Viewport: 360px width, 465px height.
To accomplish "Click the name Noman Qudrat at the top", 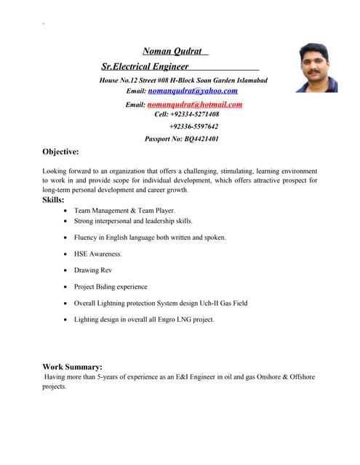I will click(172, 51).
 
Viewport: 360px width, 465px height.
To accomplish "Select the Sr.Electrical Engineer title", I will click(145, 66).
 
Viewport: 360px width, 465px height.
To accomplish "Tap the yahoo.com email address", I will click(193, 91).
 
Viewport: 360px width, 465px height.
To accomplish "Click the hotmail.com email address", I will click(195, 104).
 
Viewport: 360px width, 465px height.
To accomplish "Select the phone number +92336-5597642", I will click(193, 126).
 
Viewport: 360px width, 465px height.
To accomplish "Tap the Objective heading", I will click(60, 152).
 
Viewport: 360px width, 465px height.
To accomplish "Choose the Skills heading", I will click(53, 199).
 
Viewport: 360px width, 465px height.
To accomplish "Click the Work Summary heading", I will click(72, 367).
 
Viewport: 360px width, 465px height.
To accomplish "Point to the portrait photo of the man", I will click(316, 68).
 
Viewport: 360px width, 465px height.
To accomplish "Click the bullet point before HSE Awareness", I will click(66, 254).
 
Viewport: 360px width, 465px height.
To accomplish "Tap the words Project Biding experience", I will click(111, 286).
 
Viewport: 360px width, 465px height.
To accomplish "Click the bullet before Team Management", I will click(66, 210).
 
